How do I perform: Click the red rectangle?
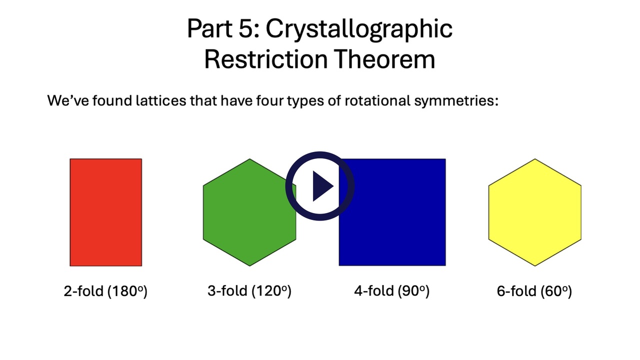point(105,212)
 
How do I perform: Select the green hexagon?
point(249,212)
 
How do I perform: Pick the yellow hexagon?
point(535,212)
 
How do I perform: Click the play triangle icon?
point(322,186)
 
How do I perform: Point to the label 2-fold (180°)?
point(105,291)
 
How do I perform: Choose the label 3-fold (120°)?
point(249,291)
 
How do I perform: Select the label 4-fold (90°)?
point(391,291)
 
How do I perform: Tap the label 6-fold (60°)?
point(534,291)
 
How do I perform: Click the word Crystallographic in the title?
point(359,30)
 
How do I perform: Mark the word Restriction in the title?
point(266,59)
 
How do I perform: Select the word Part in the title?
point(209,28)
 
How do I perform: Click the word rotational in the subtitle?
point(377,100)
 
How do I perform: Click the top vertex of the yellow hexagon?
point(535,159)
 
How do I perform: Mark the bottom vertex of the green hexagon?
point(249,266)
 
